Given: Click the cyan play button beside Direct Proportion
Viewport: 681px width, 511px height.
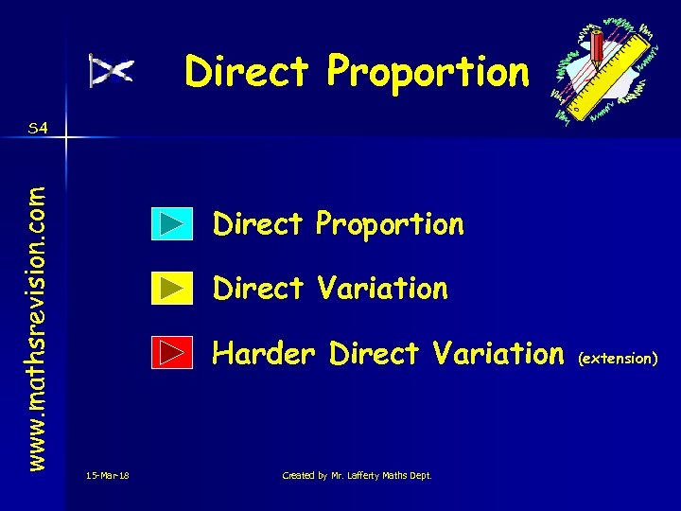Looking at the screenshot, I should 172,224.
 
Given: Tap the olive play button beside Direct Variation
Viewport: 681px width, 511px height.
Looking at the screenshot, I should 172,289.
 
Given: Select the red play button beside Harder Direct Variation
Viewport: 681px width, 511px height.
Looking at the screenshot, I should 172,354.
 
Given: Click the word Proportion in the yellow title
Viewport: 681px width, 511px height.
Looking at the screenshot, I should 428,72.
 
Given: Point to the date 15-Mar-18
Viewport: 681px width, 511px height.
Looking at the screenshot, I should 108,475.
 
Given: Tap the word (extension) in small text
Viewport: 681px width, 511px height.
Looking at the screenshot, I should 618,359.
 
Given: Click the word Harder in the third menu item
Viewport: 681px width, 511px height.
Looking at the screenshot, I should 266,353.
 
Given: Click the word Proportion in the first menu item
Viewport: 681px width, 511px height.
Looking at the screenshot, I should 390,225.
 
